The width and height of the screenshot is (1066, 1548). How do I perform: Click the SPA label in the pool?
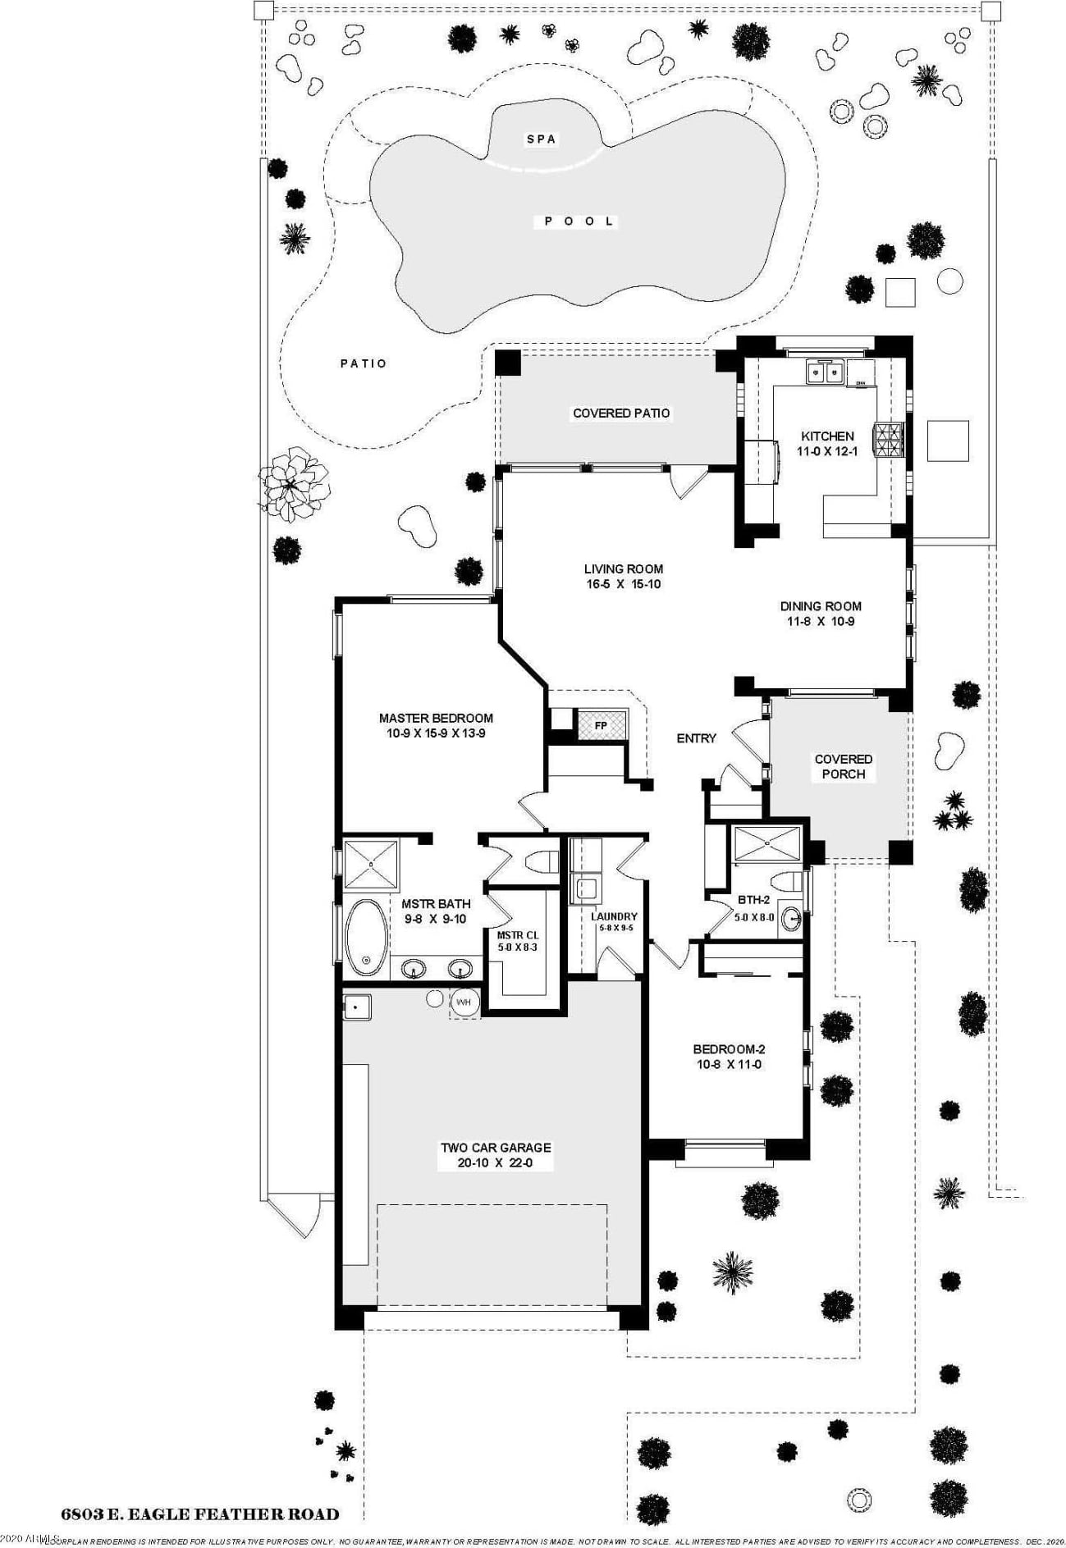[x=541, y=139]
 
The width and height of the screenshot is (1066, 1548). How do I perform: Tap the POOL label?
[x=579, y=221]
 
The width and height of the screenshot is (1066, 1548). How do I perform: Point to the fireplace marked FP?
[x=601, y=726]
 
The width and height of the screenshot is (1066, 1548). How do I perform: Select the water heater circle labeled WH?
[x=464, y=1002]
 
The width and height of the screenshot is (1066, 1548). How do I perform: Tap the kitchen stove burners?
[x=889, y=439]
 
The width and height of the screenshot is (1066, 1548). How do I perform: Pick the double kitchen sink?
[x=826, y=373]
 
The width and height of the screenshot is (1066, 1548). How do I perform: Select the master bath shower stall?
[x=370, y=864]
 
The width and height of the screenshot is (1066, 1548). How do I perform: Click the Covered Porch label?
[x=843, y=766]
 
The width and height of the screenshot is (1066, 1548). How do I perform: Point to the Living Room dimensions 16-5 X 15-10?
[x=624, y=585]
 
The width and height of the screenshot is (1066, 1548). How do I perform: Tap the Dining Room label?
[x=821, y=607]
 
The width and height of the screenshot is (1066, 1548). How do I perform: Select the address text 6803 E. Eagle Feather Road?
[x=200, y=1514]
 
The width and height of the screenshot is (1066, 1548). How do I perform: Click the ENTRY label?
[x=696, y=738]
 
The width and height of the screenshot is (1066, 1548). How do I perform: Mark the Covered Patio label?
[x=621, y=413]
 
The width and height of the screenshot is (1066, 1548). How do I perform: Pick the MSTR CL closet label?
[x=518, y=935]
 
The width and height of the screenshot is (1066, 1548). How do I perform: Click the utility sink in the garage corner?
[x=356, y=1007]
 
